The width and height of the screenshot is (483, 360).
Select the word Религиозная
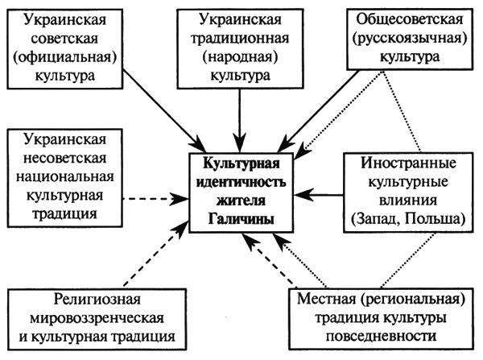pyautogui.click(x=95, y=297)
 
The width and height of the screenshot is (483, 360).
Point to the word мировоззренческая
pyautogui.click(x=95, y=317)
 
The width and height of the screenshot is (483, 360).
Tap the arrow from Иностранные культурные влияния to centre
pyautogui.click(x=326, y=193)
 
